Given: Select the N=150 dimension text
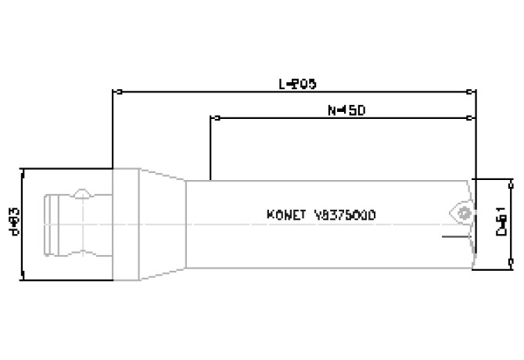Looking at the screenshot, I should click(346, 110).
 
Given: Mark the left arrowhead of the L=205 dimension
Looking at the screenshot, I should click(118, 92).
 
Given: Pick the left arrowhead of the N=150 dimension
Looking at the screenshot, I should click(215, 119).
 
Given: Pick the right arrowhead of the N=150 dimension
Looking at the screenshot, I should click(468, 119).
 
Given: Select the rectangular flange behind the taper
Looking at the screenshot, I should click(127, 224).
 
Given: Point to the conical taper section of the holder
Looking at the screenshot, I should click(163, 224).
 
